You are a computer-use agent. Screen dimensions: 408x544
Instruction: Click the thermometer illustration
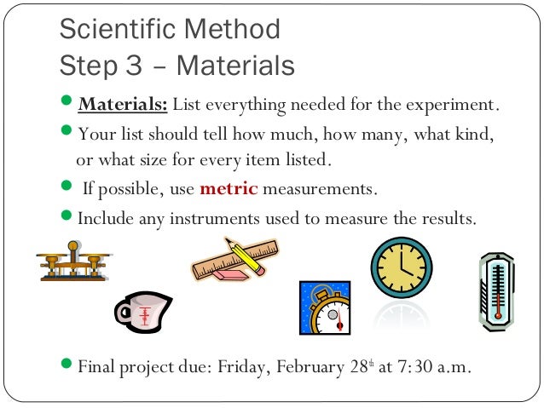(496, 292)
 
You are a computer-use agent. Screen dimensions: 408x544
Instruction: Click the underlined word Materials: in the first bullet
(124, 106)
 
